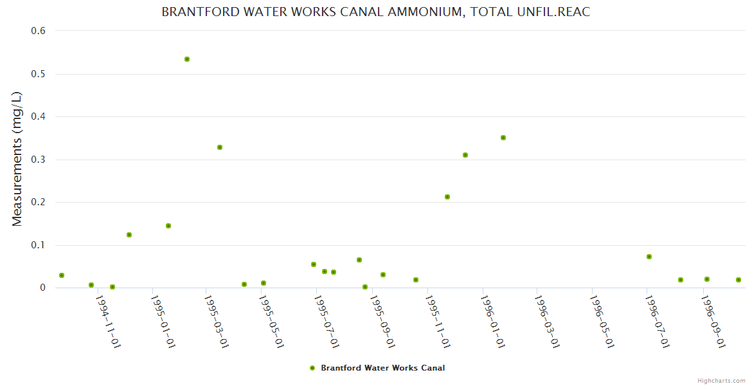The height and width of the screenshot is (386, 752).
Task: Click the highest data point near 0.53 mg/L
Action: coord(187,59)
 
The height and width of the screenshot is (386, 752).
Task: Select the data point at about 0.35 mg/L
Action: coord(503,138)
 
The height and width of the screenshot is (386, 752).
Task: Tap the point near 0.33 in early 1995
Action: coord(220,147)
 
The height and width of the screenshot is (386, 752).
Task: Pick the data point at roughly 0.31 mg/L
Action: coord(465,155)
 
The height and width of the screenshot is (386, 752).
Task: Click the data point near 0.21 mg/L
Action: coord(447,197)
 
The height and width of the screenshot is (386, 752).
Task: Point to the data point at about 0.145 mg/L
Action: coord(168,226)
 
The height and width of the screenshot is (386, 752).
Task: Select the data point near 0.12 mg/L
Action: coord(129,235)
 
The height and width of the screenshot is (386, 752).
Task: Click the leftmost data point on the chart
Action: coord(62,275)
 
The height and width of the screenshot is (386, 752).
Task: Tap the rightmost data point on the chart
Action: coord(739,280)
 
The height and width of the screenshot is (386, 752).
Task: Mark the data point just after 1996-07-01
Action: coord(649,257)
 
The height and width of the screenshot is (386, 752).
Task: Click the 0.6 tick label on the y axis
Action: coord(39,31)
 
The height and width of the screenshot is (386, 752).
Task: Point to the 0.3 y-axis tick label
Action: coord(39,160)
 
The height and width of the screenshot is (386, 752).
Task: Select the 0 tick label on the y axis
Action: coord(42,288)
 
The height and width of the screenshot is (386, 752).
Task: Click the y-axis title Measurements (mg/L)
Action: coord(17,159)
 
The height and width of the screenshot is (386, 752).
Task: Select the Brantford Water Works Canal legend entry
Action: coord(382,368)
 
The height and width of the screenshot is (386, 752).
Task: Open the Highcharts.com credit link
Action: coord(721,380)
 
